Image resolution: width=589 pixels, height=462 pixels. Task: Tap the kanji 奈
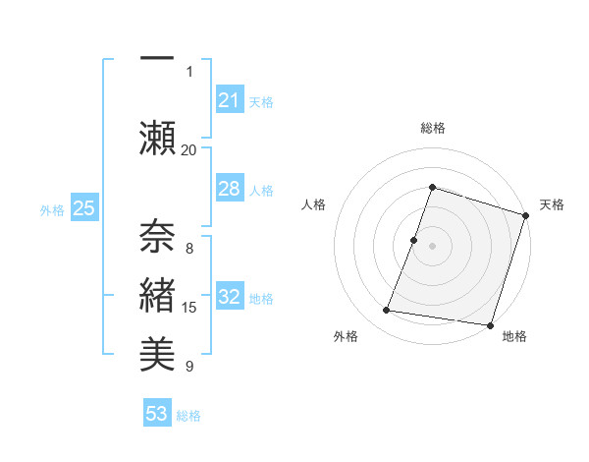pos(157,233)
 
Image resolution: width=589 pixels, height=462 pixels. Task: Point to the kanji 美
pos(157,353)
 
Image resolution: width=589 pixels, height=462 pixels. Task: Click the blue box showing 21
pos(229,100)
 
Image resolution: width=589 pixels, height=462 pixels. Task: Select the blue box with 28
pos(229,189)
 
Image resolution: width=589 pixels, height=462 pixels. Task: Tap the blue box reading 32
pos(229,297)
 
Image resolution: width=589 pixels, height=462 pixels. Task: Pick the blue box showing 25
pos(83,208)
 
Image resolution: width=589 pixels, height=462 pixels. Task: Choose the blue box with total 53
pos(157,414)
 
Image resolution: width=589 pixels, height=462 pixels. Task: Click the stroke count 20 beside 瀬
pos(189,150)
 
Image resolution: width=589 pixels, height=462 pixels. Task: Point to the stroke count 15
pos(189,308)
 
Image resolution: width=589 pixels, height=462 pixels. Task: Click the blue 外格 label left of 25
pos(52,209)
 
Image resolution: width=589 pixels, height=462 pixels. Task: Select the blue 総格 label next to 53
pos(188,416)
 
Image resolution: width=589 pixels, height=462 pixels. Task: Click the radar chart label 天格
pos(553,204)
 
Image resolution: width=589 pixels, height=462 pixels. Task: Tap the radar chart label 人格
pos(313,204)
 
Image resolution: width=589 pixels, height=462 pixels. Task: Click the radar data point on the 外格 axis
pos(387,311)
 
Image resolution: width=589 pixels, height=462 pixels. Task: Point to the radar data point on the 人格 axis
pos(414,240)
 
